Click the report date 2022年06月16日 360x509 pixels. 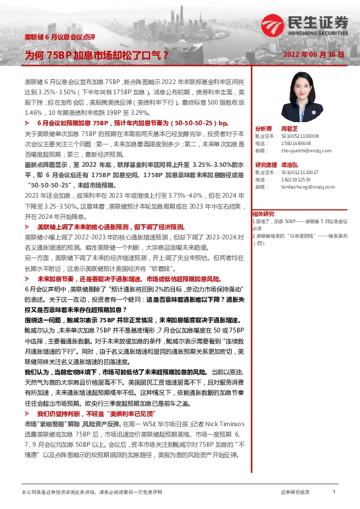coord(315,54)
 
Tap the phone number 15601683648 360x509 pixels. coord(296,143)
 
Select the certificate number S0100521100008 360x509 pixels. coord(300,137)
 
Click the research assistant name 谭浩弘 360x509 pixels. coord(290,165)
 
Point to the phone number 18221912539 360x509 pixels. coord(296,180)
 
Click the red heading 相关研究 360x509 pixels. coord(264,214)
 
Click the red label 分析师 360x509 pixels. coord(264,129)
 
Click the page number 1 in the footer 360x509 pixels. coord(334,493)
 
